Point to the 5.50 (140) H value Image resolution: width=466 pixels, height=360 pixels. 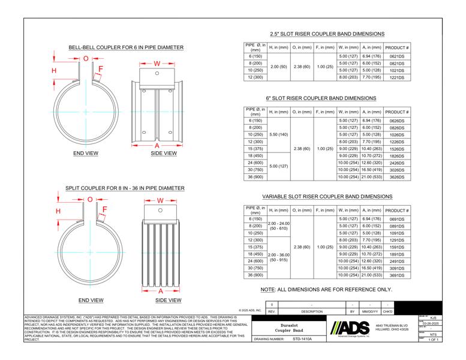[x=279, y=134]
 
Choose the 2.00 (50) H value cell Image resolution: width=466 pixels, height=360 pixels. [x=279, y=66]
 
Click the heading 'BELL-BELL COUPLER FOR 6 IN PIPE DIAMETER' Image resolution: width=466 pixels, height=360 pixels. [x=126, y=47]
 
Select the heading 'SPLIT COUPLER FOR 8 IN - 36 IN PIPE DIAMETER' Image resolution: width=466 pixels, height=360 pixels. [x=125, y=188]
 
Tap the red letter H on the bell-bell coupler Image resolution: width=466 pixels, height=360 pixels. [x=55, y=71]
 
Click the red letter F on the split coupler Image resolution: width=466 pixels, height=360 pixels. [x=104, y=209]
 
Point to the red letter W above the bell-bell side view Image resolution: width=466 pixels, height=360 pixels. [x=157, y=63]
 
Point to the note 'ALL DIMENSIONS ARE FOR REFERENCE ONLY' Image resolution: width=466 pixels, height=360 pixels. [x=326, y=290]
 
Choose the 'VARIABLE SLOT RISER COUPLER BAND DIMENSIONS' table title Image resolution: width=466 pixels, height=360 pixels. [x=327, y=196]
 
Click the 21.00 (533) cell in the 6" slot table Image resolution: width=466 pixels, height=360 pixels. [x=371, y=178]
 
